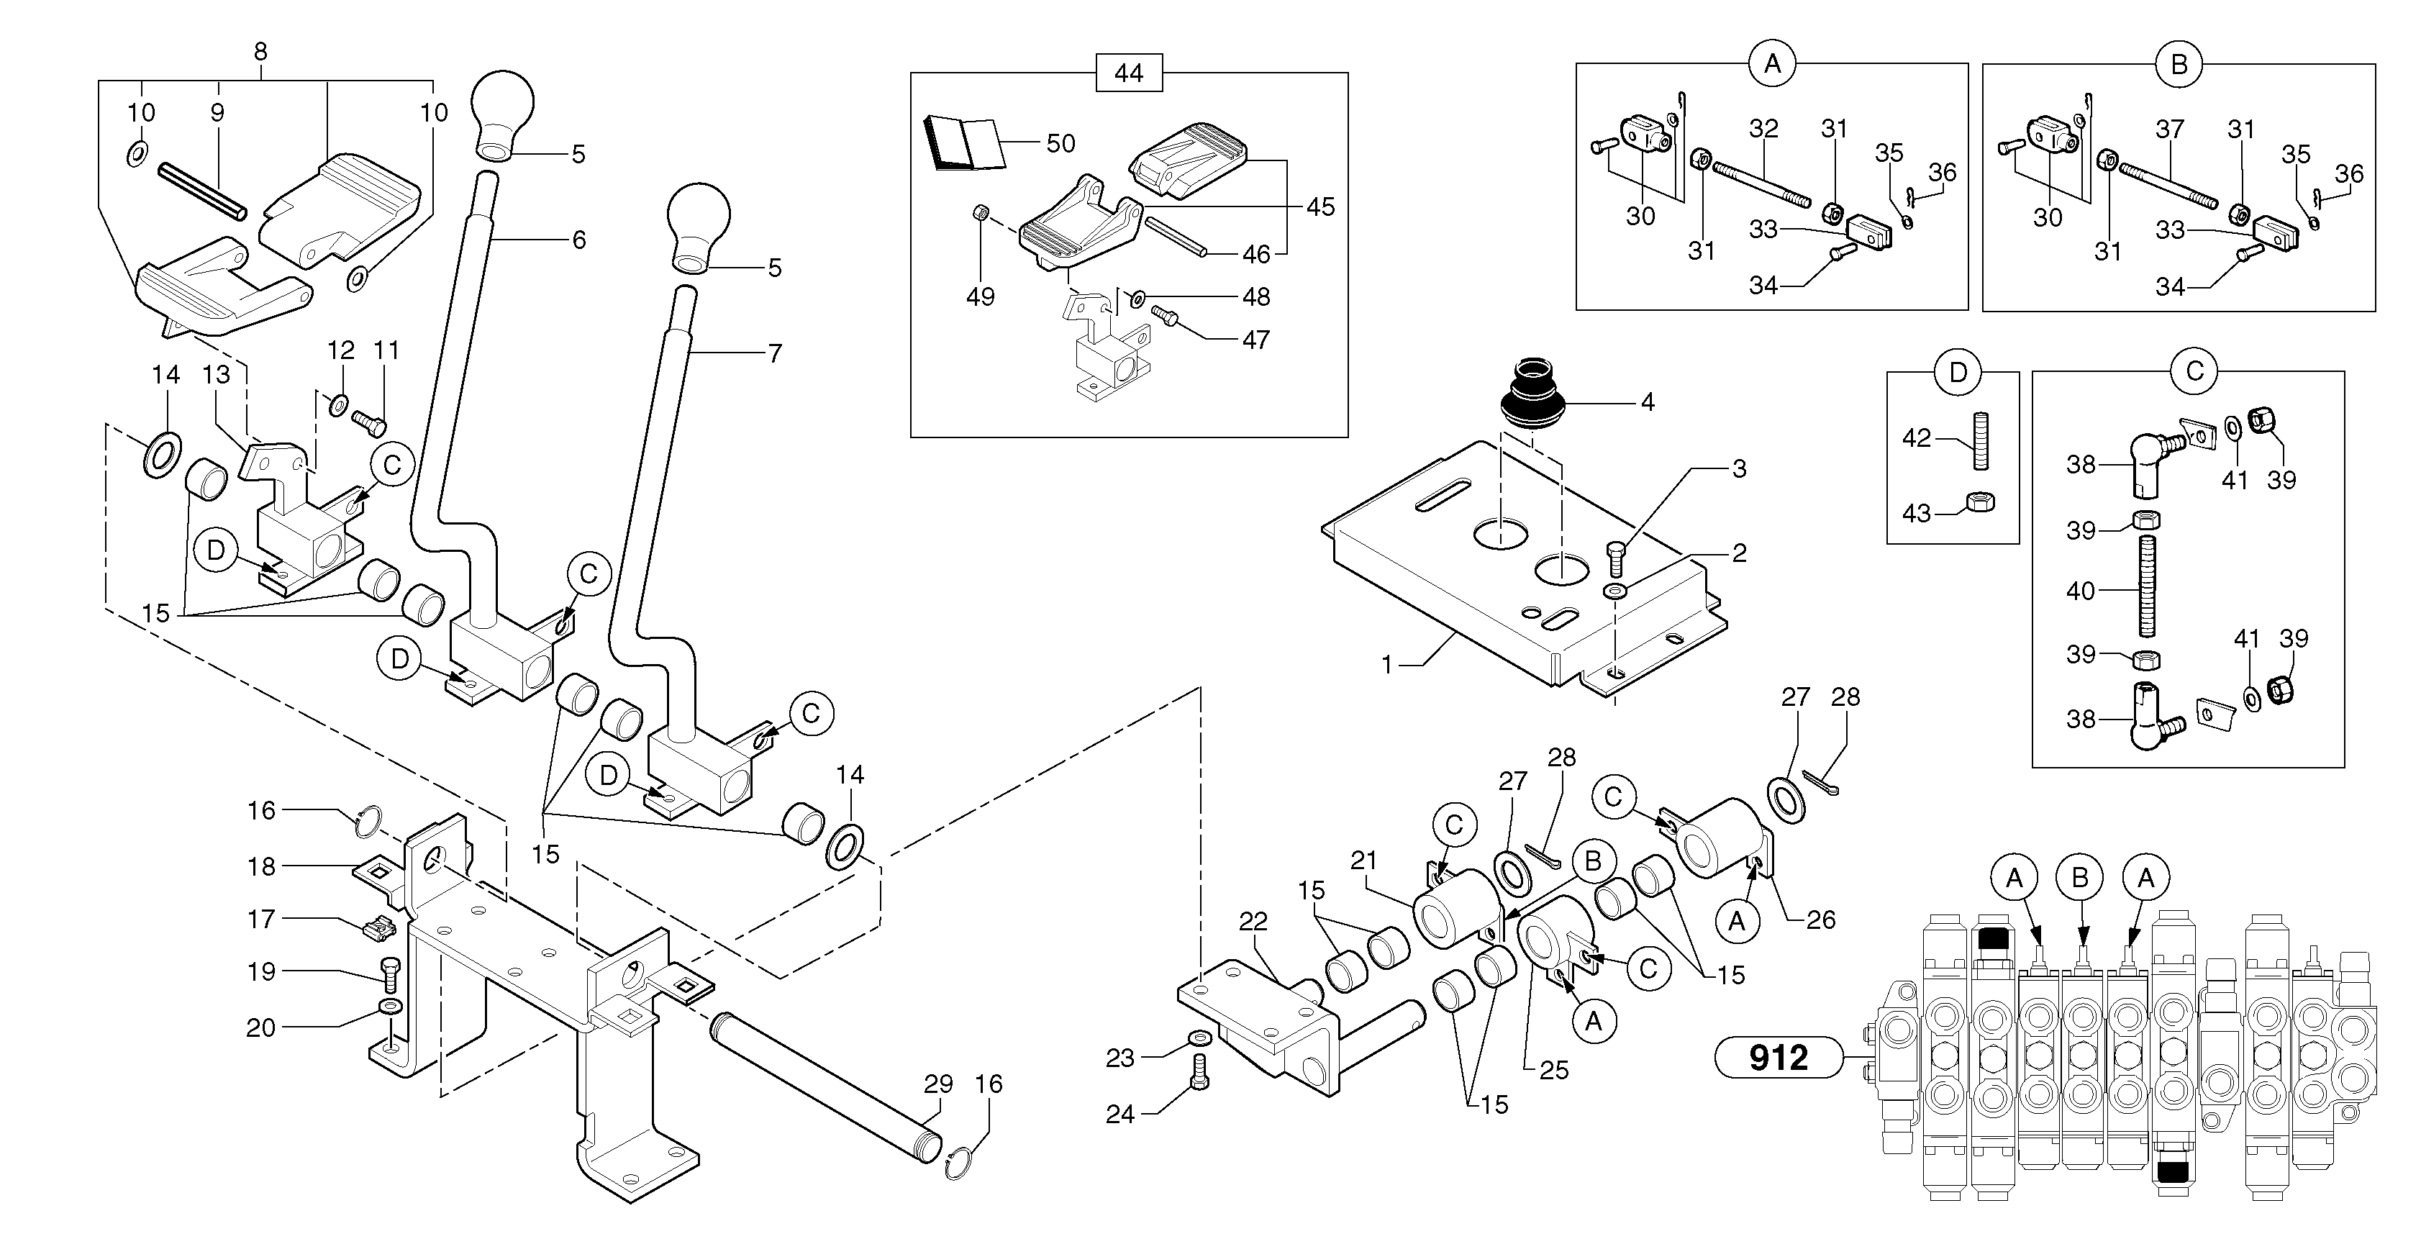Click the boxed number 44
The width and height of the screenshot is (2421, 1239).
1129,73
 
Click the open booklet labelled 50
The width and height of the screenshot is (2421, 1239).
963,145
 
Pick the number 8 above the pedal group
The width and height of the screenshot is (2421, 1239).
260,53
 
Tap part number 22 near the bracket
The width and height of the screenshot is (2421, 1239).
1253,922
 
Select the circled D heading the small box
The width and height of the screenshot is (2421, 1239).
1958,372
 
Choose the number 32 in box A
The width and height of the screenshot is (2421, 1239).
1763,129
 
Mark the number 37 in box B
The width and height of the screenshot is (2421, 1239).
2169,129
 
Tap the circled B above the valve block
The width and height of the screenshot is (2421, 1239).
2079,878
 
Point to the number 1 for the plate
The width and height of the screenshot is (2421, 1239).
1386,665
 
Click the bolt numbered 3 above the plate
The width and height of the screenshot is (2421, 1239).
1616,560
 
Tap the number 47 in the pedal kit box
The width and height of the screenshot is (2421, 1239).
1257,340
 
